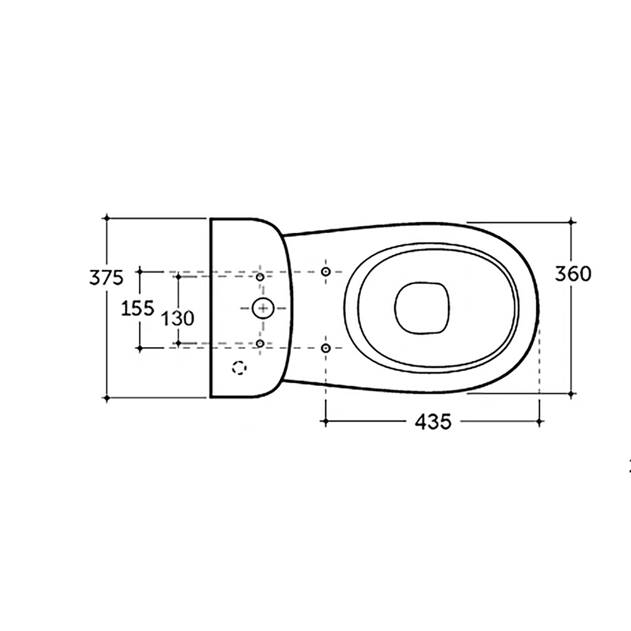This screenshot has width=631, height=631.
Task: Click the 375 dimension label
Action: coord(106,278)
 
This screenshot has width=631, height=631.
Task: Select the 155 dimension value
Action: coord(138,309)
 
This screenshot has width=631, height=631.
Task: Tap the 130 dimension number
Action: coord(177,318)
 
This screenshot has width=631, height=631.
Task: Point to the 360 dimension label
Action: coord(573,274)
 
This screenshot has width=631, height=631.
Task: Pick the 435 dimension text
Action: coord(433,422)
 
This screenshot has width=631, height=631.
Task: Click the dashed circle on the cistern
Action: coord(239,368)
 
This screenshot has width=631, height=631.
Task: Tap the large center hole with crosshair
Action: coord(262,309)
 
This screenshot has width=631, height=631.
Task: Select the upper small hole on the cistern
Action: coord(260,277)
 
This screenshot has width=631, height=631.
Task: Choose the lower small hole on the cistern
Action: coord(260,343)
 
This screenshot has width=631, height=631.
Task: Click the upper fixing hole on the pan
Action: coord(326,271)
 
